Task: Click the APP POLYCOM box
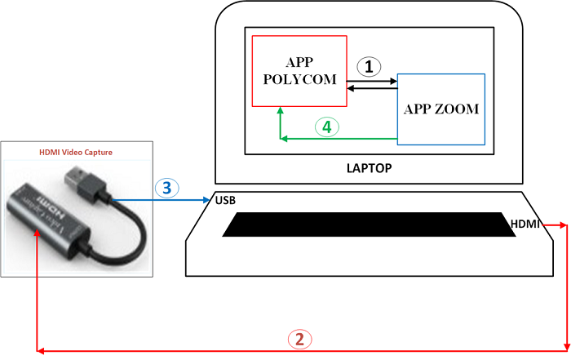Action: coord(299,71)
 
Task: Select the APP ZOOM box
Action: coord(441,109)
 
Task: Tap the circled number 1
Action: coord(371,67)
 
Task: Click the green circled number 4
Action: coord(326,127)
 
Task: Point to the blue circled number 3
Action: coord(166,188)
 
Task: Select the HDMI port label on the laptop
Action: coord(525,223)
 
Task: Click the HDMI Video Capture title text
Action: coord(76,152)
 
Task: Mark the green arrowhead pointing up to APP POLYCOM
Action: coord(280,111)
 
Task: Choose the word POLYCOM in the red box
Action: coord(299,80)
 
